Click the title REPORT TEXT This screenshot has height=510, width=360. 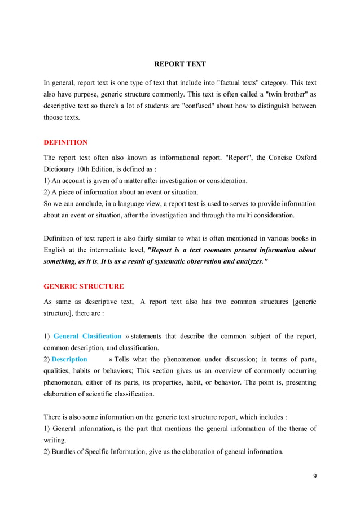point(180,64)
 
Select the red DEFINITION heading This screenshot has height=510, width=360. point(65,142)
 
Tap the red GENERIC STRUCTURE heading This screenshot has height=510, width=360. point(84,287)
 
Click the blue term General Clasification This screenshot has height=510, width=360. point(87,337)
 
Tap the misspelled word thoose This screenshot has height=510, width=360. point(55,117)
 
